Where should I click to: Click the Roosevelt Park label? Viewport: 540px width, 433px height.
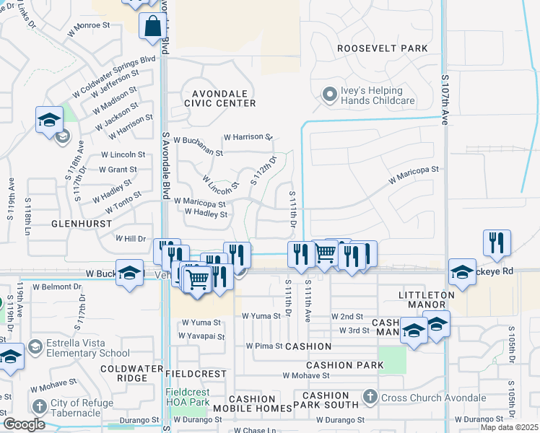pos(382,48)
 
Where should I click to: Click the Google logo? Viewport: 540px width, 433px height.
pos(24,424)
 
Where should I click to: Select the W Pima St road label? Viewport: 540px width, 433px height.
pos(263,346)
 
